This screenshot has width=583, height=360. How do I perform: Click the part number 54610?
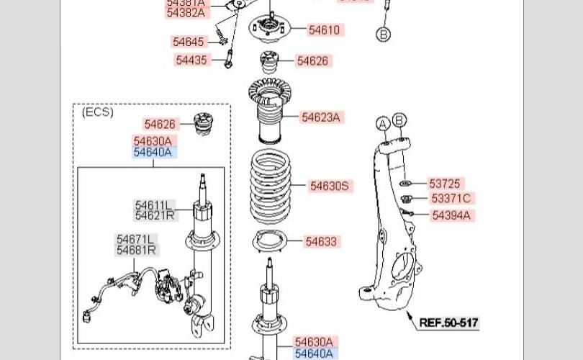coord(324,30)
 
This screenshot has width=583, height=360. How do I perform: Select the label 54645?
coord(189,42)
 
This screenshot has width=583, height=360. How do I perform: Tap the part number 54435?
coord(191,60)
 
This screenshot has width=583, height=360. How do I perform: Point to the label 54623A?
coord(320,117)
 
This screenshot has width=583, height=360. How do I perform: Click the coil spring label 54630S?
coord(329,186)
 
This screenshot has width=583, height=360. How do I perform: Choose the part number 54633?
coord(320,242)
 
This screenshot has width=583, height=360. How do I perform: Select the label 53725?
coord(444,184)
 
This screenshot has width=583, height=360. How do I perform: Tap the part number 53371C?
coord(451,198)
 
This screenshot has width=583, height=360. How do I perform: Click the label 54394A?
coord(451,215)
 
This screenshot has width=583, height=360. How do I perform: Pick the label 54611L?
coord(154,205)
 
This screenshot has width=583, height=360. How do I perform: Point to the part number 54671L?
coord(136,239)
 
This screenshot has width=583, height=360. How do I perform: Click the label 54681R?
coord(136,250)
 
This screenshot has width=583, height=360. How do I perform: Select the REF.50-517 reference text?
coord(449,323)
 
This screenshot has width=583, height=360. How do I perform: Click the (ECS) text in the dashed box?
coord(98,112)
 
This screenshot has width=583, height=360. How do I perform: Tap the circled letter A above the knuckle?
coord(383,124)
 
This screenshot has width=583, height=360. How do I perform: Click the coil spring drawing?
coord(271,186)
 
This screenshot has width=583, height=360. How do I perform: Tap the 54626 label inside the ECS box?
coord(160,125)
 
